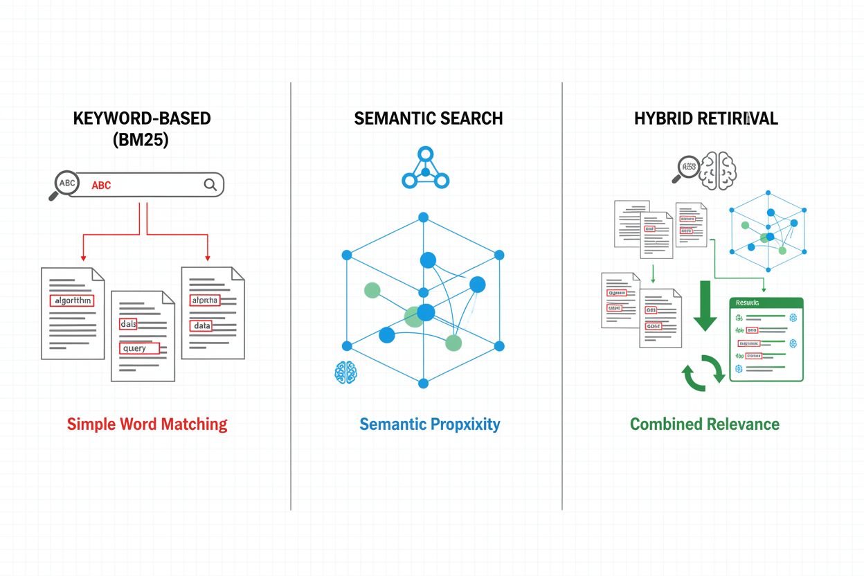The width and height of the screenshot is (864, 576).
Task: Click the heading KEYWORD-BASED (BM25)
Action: pos(142,128)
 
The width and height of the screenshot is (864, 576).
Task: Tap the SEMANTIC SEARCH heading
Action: pos(428,118)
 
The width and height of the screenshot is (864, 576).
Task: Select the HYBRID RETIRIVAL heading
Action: pos(705,118)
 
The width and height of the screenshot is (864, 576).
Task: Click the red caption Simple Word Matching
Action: pos(147,424)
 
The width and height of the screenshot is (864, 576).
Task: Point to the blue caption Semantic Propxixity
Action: pos(429,424)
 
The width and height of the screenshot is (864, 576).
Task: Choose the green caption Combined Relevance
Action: pos(705,424)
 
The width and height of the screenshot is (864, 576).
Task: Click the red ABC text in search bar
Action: pos(101,186)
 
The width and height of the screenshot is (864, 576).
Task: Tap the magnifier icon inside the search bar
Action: pos(210,184)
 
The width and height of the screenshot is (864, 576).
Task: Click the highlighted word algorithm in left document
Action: pos(71,300)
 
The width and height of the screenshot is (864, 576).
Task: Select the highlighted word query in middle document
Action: pos(138,348)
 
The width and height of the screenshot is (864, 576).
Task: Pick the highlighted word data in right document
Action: pos(201,325)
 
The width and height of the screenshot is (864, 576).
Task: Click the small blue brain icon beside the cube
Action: pos(345,372)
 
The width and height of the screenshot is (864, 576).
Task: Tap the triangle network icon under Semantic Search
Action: pos(425,169)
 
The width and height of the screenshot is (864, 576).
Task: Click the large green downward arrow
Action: pos(705,305)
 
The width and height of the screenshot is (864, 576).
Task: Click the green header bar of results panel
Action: pos(766,303)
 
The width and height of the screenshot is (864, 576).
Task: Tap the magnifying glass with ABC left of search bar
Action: pos(65,184)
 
